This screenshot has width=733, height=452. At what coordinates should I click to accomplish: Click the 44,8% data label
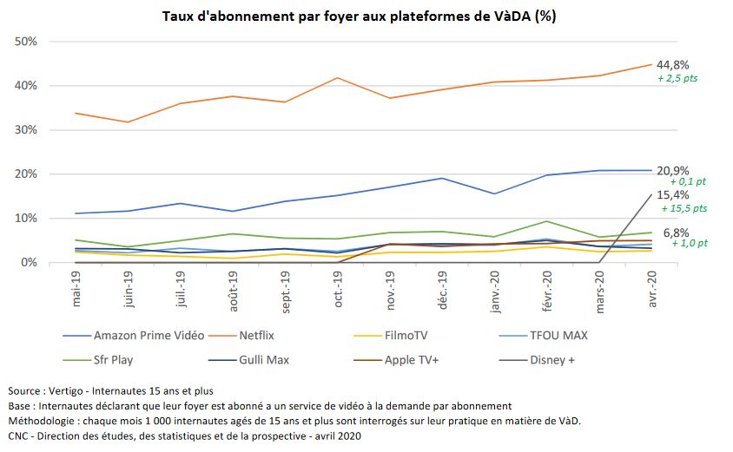click(673, 64)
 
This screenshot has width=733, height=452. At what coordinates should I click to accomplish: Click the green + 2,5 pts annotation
click(677, 78)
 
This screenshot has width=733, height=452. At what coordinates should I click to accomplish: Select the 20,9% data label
click(673, 171)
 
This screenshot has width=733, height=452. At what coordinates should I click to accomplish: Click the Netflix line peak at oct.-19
click(338, 78)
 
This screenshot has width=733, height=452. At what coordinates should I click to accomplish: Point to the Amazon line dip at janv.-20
click(494, 193)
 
